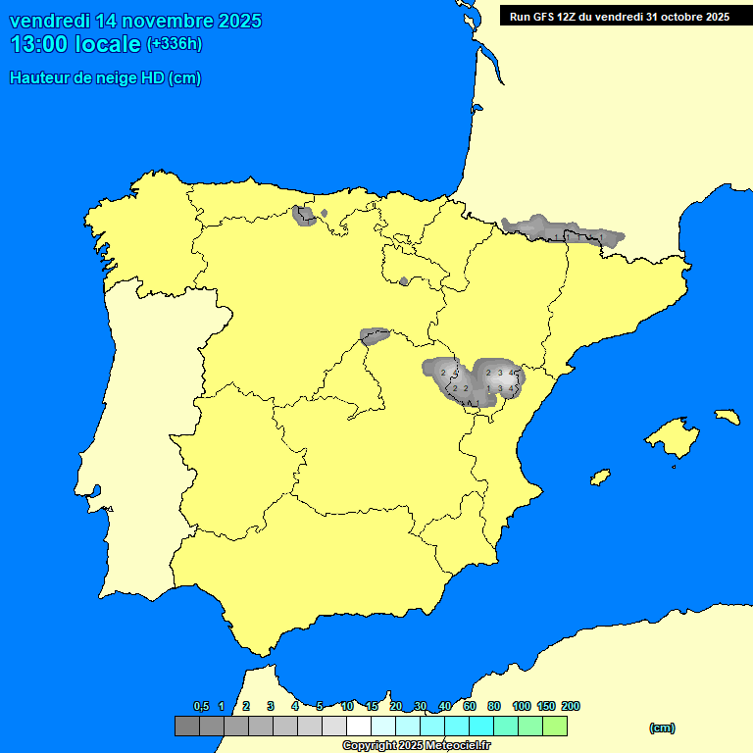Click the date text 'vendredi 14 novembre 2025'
pos(135,21)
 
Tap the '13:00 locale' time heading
pos(76,44)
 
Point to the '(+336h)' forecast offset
pos(174,44)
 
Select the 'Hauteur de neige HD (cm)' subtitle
pos(105,78)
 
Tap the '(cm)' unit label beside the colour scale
pos(662,728)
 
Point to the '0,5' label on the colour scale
pos(201,706)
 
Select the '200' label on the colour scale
pos(570,706)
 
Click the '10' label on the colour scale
pos(347,706)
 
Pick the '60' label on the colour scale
pos(470,706)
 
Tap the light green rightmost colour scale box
pos(555,727)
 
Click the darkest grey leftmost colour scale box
pos(186,727)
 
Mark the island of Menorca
pos(727,416)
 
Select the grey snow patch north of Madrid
pos(375,336)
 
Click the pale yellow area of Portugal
pos(147,441)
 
